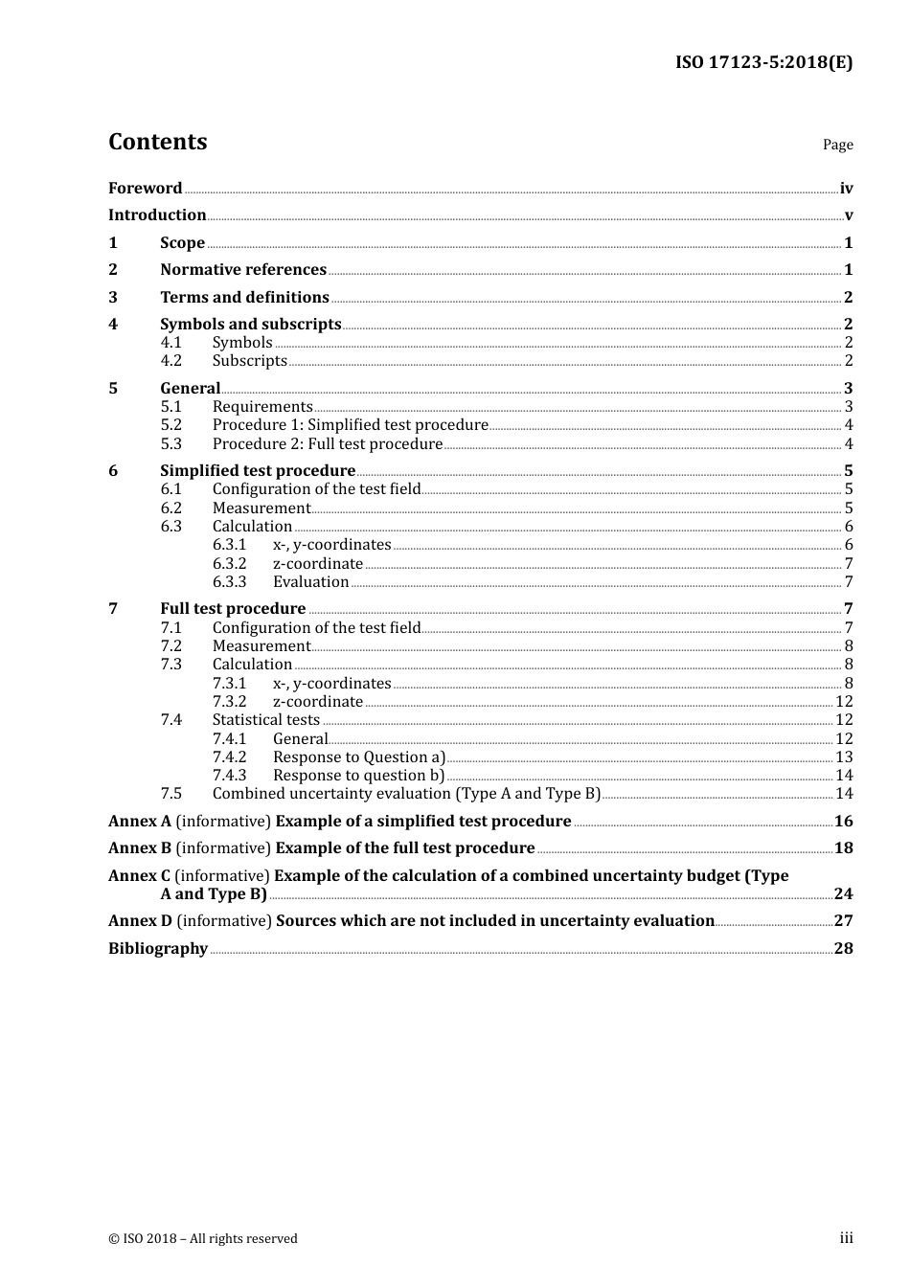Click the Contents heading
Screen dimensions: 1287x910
click(x=157, y=142)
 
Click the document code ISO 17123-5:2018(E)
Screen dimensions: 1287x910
click(x=763, y=63)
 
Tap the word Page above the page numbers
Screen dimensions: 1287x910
click(x=837, y=145)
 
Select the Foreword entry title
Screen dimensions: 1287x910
click(x=145, y=189)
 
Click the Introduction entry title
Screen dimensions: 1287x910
click(x=157, y=215)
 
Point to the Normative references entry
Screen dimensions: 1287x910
click(x=243, y=270)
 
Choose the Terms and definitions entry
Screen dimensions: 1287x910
click(x=244, y=298)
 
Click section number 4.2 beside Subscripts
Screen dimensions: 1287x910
click(x=171, y=361)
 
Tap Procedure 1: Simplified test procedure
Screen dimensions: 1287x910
click(x=350, y=425)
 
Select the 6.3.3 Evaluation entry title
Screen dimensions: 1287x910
click(x=310, y=582)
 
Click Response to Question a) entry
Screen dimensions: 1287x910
click(x=359, y=757)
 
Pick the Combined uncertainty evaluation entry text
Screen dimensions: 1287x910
click(x=406, y=794)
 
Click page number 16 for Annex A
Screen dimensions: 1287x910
click(x=843, y=822)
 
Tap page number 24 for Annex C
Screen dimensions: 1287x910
click(x=843, y=894)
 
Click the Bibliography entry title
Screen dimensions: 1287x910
click(x=158, y=949)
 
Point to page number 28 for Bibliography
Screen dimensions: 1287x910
click(x=843, y=949)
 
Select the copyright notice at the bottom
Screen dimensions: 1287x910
click(x=203, y=1239)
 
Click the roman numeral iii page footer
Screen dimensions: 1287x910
click(x=846, y=1238)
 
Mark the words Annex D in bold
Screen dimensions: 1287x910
click(x=140, y=921)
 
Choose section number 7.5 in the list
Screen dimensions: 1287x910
click(x=171, y=794)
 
